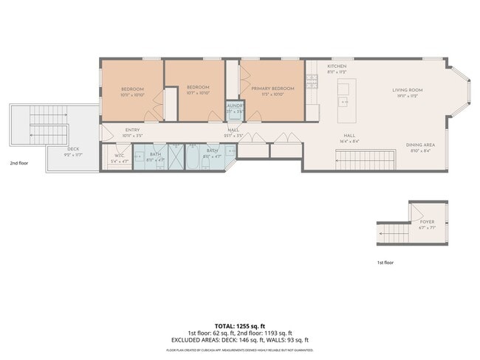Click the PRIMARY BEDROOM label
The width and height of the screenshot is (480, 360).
[x=272, y=89]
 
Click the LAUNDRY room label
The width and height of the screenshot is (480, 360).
[x=235, y=105]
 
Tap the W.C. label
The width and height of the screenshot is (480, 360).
[x=118, y=156]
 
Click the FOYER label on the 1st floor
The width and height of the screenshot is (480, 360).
[x=427, y=222]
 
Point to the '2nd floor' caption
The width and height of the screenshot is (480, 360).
[x=19, y=162]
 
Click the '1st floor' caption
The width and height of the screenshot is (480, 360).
[x=385, y=263]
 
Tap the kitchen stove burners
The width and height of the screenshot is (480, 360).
[x=313, y=80]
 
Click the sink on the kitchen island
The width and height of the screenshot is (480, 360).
[x=343, y=101]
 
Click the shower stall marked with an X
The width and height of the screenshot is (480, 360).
[x=177, y=156]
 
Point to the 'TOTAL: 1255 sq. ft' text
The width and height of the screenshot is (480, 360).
[x=240, y=325]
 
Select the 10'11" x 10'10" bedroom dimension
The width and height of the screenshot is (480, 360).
[x=132, y=94]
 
